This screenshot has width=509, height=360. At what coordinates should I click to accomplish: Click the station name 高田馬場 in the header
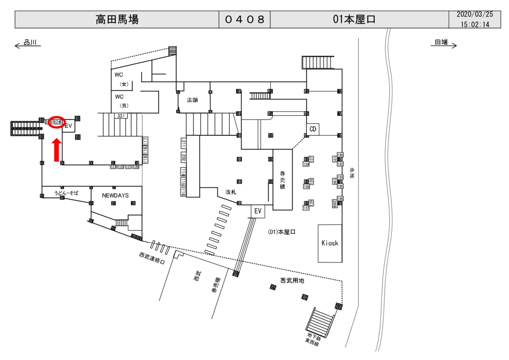pyautogui.click(x=117, y=20)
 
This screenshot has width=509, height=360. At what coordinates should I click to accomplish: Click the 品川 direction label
pyautogui.click(x=31, y=43)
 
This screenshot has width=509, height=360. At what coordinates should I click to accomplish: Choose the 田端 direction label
pyautogui.click(x=441, y=43)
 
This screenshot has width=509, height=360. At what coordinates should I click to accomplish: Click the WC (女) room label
pyautogui.click(x=121, y=79)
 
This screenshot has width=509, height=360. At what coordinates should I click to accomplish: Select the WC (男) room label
pyautogui.click(x=121, y=101)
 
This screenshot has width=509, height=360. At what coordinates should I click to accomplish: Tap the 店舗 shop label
pyautogui.click(x=192, y=100)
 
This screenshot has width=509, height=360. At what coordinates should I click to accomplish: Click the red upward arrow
pyautogui.click(x=57, y=150)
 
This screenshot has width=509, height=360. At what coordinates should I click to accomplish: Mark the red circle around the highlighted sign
pyautogui.click(x=57, y=122)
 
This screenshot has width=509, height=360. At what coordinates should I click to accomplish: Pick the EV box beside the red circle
pyautogui.click(x=69, y=126)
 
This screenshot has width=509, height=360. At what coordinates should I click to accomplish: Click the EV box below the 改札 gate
pyautogui.click(x=257, y=211)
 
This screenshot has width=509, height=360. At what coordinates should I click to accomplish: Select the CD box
pyautogui.click(x=313, y=129)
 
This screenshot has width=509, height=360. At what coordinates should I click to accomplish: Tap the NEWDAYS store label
pyautogui.click(x=115, y=195)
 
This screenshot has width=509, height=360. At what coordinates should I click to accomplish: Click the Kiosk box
pyautogui.click(x=330, y=243)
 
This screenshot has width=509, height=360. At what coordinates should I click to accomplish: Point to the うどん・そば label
pyautogui.click(x=66, y=192)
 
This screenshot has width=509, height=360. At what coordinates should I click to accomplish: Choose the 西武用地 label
pyautogui.click(x=292, y=281)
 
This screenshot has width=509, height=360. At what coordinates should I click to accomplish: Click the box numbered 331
pyautogui.click(x=120, y=116)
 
